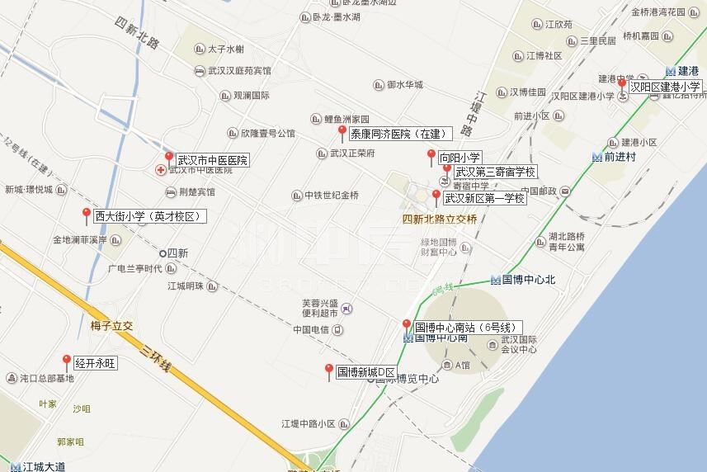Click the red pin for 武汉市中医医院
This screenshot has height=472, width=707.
[169, 157]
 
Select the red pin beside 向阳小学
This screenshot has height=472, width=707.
[431, 155]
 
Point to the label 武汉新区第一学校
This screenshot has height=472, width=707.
[484, 198]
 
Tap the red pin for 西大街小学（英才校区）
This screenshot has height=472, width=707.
[86, 215]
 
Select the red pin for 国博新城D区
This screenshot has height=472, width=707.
[328, 370]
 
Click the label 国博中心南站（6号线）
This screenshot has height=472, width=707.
[466, 328]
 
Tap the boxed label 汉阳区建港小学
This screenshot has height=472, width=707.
[665, 86]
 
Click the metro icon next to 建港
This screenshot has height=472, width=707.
[670, 71]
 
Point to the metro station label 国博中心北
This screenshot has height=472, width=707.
[529, 280]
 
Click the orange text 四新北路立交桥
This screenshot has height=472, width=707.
[440, 219]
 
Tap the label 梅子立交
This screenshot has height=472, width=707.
[111, 326]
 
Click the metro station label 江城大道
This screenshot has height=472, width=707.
[44, 466]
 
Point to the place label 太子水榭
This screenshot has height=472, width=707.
[225, 50]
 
